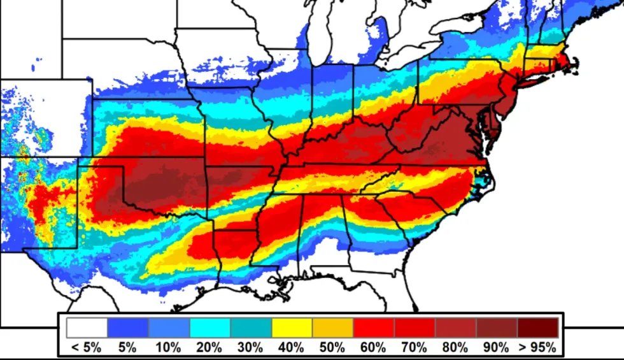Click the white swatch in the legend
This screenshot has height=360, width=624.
pyautogui.click(x=87, y=328)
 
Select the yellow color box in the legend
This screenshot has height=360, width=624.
pyautogui.click(x=292, y=328)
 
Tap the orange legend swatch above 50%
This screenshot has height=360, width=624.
pyautogui.click(x=333, y=328)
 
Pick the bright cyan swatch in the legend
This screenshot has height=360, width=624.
pyautogui.click(x=210, y=328)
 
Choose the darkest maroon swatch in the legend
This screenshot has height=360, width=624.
pyautogui.click(x=538, y=328)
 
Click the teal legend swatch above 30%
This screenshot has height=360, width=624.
pyautogui.click(x=251, y=328)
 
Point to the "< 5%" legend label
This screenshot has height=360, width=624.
pyautogui.click(x=87, y=348)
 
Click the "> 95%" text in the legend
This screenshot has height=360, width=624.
pyautogui.click(x=538, y=348)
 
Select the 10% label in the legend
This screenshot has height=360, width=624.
pyautogui.click(x=169, y=348)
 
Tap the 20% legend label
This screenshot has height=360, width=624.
pyautogui.click(x=209, y=348)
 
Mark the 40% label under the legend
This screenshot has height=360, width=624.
pyautogui.click(x=292, y=348)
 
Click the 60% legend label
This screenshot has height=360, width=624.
pyautogui.click(x=374, y=348)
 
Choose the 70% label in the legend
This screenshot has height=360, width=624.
pyautogui.click(x=415, y=348)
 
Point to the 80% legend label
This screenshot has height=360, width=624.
pyautogui.click(x=456, y=348)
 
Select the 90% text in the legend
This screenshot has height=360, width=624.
pyautogui.click(x=497, y=348)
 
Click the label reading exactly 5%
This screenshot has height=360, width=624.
pyautogui.click(x=128, y=348)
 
